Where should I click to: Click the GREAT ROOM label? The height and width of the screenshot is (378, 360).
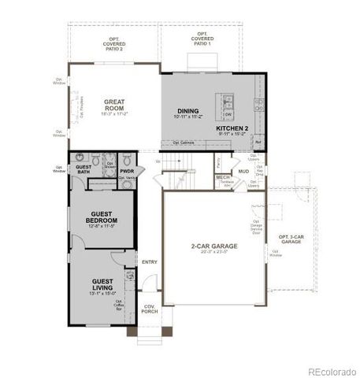coord(116,103)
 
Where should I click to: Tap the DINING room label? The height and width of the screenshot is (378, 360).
coord(187,111)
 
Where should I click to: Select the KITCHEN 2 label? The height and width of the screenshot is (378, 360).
coord(238,127)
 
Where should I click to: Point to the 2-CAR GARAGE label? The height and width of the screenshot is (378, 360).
coord(213,246)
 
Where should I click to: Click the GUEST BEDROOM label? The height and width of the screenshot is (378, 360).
coord(105,217)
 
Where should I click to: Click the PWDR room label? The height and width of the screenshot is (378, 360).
coord(128,170)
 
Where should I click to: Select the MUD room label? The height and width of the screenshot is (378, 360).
coord(243,171)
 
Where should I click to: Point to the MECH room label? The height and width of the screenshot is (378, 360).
coord(224,178)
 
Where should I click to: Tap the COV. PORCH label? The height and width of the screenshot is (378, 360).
coord(150,309)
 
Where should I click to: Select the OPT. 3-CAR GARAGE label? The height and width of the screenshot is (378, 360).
coord(291,239)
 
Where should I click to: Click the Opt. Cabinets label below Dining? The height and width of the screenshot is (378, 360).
coord(184,143)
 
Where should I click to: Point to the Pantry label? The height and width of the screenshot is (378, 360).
coord(217,162)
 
